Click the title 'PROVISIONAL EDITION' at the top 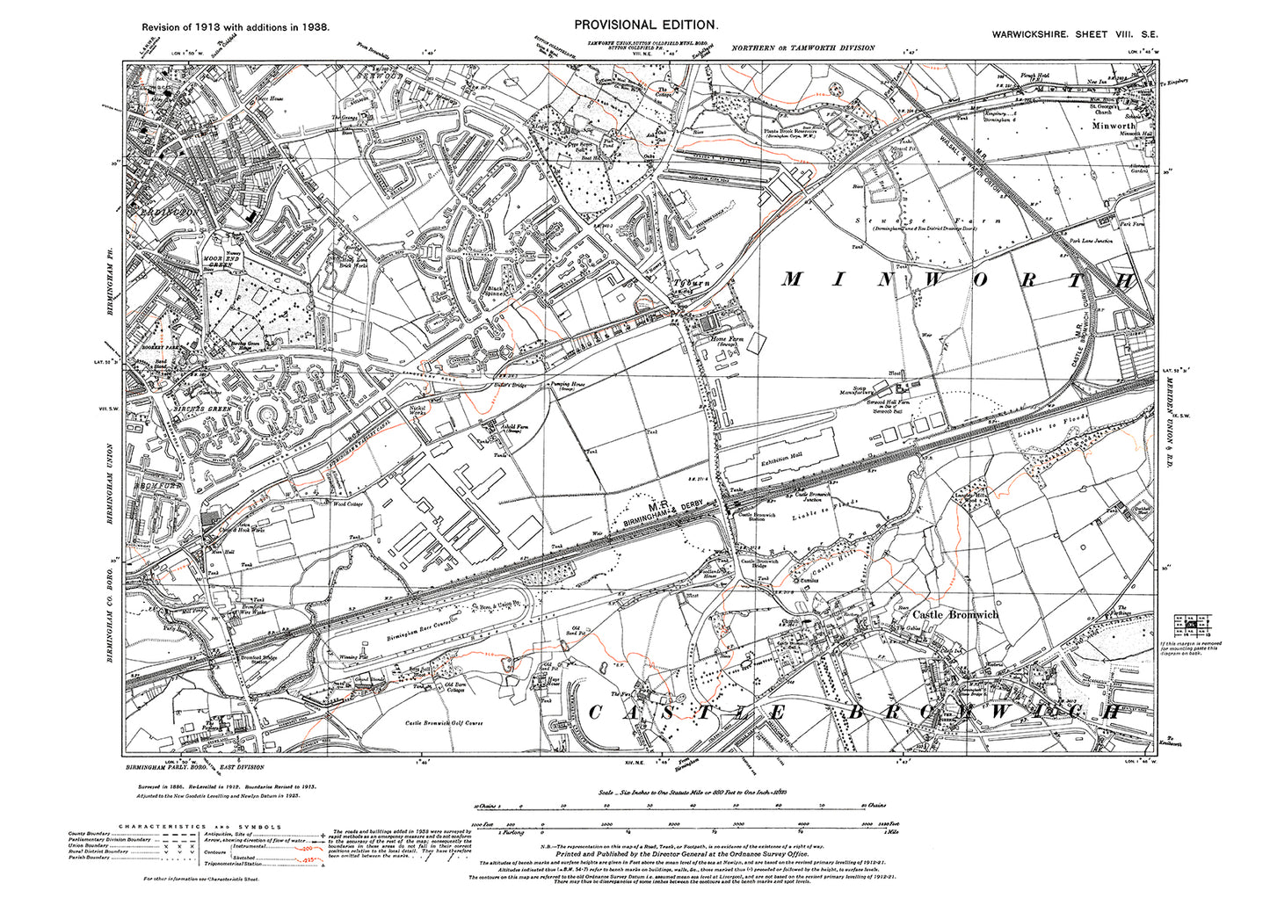pyautogui.click(x=646, y=25)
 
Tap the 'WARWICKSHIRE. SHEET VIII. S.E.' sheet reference pyautogui.click(x=1072, y=33)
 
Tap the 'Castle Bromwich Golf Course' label pyautogui.click(x=444, y=723)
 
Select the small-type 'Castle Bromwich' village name pyautogui.click(x=955, y=615)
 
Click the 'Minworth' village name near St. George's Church pyautogui.click(x=1113, y=126)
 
